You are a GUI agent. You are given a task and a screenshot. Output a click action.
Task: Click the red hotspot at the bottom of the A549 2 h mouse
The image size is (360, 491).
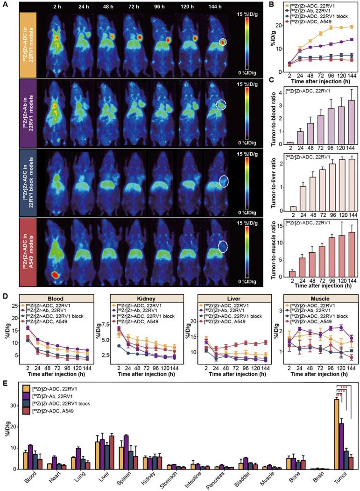[x=56, y=275]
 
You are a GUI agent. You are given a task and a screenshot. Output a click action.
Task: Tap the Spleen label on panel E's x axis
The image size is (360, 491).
[x=123, y=480]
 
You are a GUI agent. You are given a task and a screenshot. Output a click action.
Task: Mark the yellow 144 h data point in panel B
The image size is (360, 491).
[x=351, y=27]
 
